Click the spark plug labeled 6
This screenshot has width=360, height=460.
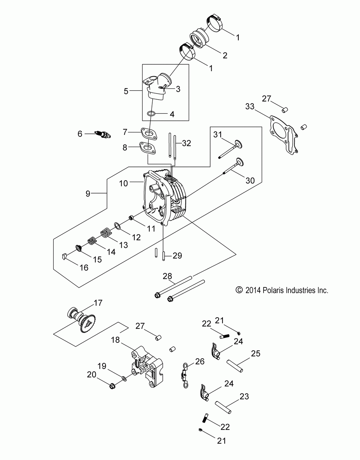(103, 135)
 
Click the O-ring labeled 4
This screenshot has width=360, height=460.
(151, 114)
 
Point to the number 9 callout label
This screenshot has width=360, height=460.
(88, 193)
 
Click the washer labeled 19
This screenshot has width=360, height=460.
(124, 378)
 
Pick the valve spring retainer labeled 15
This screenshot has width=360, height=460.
(78, 248)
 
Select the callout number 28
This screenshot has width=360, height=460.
(167, 276)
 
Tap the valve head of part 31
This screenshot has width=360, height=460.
(238, 145)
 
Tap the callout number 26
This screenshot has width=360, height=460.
(199, 361)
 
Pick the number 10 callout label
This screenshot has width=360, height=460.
(123, 183)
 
